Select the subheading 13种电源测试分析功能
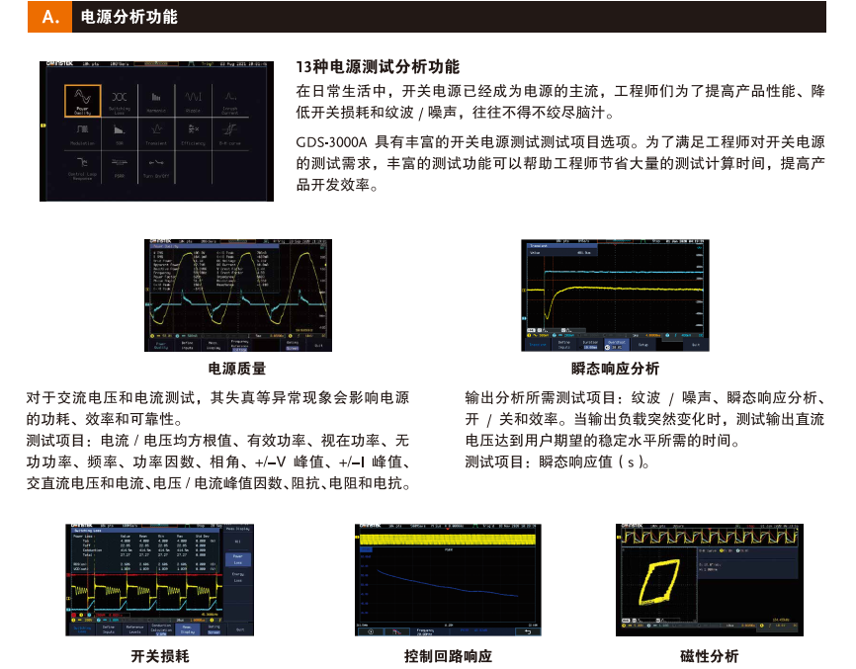tap(378, 67)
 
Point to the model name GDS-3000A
tap(331, 142)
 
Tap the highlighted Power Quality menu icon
tap(83, 101)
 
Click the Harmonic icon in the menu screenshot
tap(156, 101)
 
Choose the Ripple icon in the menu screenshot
tap(193, 101)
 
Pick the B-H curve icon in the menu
tap(229, 131)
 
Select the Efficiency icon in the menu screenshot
tap(193, 131)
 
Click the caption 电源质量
tap(237, 369)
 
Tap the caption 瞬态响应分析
tap(615, 369)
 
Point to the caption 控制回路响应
tap(448, 655)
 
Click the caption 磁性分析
tap(709, 655)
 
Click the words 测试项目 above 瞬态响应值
tap(496, 461)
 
